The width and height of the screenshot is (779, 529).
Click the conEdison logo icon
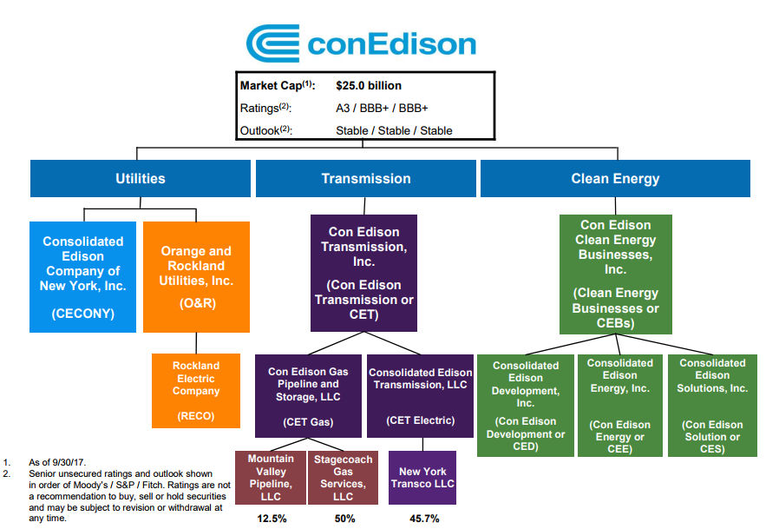pyautogui.click(x=272, y=43)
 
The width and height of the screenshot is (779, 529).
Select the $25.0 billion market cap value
pyautogui.click(x=369, y=86)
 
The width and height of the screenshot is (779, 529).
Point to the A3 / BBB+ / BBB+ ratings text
pyautogui.click(x=382, y=109)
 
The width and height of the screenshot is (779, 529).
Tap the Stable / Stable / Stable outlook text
pyautogui.click(x=394, y=131)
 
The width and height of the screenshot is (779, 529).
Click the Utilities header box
pyautogui.click(x=141, y=179)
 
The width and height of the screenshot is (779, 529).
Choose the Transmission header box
pyautogui.click(x=365, y=179)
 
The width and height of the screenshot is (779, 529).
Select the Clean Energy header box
pyautogui.click(x=615, y=179)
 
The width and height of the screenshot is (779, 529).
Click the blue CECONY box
pyautogui.click(x=83, y=276)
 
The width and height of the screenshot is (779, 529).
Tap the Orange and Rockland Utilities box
pyautogui.click(x=196, y=276)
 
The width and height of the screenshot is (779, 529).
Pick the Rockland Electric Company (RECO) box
pyautogui.click(x=196, y=391)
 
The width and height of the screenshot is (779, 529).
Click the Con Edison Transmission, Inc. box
pyautogui.click(x=364, y=273)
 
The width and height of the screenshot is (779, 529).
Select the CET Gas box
pyautogui.click(x=309, y=395)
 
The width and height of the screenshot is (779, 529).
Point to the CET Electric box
pyautogui.click(x=421, y=395)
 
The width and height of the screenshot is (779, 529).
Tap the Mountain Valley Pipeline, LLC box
pyautogui.click(x=271, y=478)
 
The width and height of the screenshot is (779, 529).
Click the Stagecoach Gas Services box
pyautogui.click(x=343, y=478)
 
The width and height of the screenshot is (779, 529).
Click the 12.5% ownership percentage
pyautogui.click(x=271, y=519)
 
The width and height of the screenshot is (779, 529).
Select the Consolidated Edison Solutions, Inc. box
pyautogui.click(x=712, y=405)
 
